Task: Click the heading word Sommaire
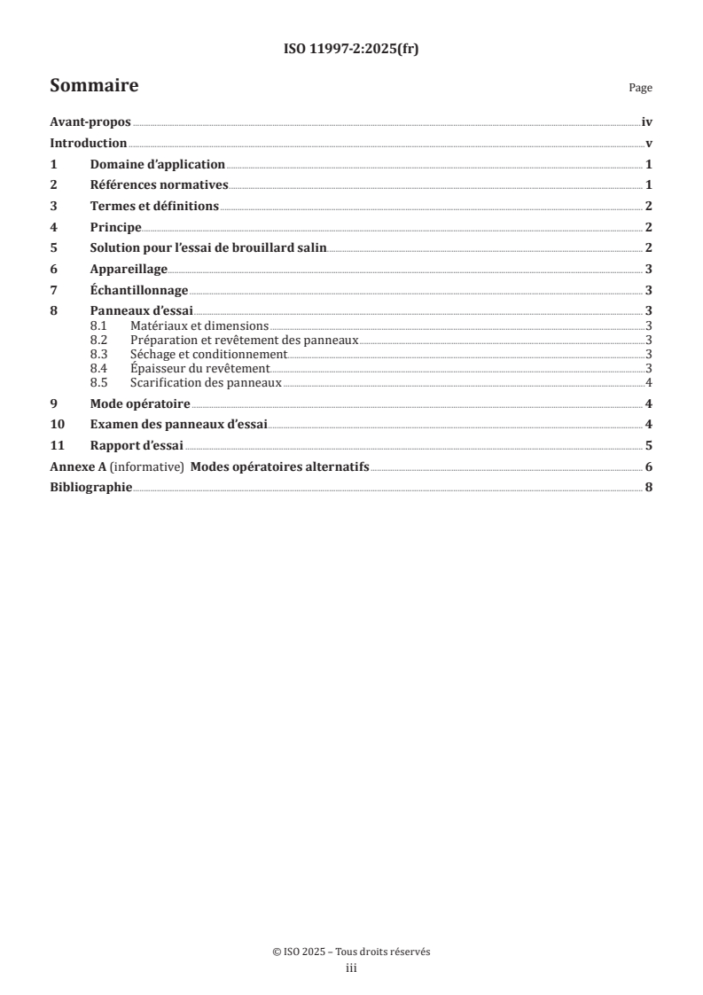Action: tap(94, 86)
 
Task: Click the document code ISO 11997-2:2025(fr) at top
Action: tap(351, 50)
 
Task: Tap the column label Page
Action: tap(640, 88)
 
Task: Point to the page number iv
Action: tap(647, 124)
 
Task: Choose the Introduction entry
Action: tap(89, 144)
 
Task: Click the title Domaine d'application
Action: tap(158, 165)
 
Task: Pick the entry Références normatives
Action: tap(160, 185)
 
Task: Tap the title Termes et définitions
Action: tap(154, 206)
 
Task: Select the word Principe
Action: tap(116, 227)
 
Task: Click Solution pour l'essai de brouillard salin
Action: tap(208, 247)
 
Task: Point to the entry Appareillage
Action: tap(129, 269)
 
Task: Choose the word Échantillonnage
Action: tap(139, 290)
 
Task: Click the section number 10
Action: tap(56, 424)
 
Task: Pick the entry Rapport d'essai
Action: tap(137, 445)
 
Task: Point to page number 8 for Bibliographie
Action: tap(649, 487)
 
